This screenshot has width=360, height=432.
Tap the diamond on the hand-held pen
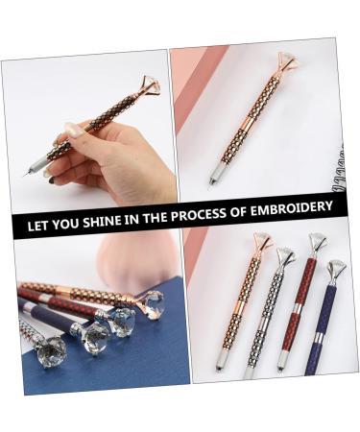click(150, 84)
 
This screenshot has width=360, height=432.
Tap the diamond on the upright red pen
click(317, 241)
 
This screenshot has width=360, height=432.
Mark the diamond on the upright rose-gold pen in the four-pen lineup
click(262, 241)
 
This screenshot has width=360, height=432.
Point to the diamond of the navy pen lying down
click(93, 337)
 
